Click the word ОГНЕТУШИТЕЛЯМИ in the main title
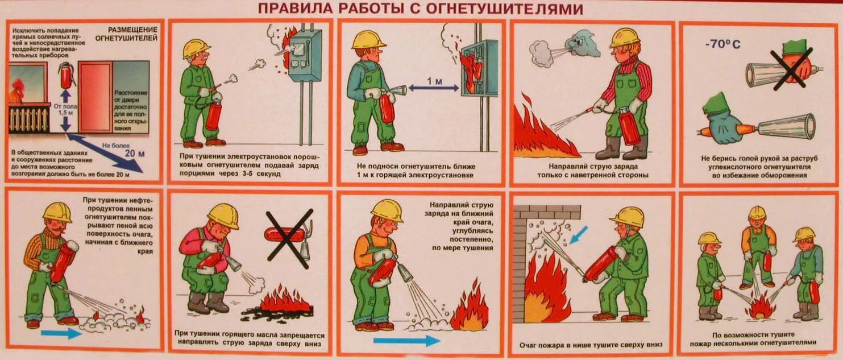(x=504, y=9)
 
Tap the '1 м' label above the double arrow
(x=434, y=82)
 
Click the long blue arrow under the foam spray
(x=407, y=340)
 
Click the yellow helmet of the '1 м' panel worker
(x=368, y=40)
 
